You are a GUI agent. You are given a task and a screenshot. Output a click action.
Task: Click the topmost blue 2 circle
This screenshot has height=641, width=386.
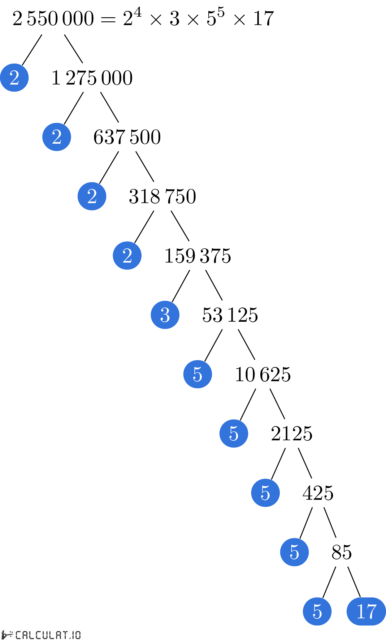point(14,77)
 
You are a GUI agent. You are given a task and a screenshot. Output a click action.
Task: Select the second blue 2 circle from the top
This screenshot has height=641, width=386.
point(57,137)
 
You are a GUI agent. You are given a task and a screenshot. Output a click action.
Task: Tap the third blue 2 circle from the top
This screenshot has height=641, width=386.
point(92,196)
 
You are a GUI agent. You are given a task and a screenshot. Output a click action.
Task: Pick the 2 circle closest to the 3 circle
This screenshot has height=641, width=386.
point(127,255)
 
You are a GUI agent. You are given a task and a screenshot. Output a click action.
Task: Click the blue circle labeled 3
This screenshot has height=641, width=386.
point(165,315)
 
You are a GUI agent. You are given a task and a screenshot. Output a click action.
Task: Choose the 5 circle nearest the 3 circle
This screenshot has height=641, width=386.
point(197,374)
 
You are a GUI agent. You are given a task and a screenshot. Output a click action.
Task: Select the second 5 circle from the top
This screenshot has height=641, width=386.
point(234,434)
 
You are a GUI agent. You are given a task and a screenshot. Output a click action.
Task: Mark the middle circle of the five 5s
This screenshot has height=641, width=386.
point(265,493)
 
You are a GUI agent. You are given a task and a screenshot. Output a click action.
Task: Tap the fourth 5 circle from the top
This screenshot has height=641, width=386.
point(294,552)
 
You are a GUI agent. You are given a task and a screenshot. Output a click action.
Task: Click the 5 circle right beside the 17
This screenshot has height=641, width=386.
point(317,611)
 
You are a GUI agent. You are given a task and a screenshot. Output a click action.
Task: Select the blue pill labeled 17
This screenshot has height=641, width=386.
point(366,611)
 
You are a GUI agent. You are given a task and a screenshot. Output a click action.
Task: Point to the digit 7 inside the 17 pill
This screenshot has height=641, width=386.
point(371,612)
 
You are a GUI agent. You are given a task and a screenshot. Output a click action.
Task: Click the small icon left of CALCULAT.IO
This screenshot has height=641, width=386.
point(7,634)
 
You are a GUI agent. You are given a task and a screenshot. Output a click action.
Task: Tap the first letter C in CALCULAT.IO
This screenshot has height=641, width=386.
point(18,635)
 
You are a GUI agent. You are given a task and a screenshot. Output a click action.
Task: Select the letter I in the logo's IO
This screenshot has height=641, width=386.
point(73,635)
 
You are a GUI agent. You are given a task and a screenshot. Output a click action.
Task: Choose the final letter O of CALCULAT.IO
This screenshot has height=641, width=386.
point(78,635)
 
